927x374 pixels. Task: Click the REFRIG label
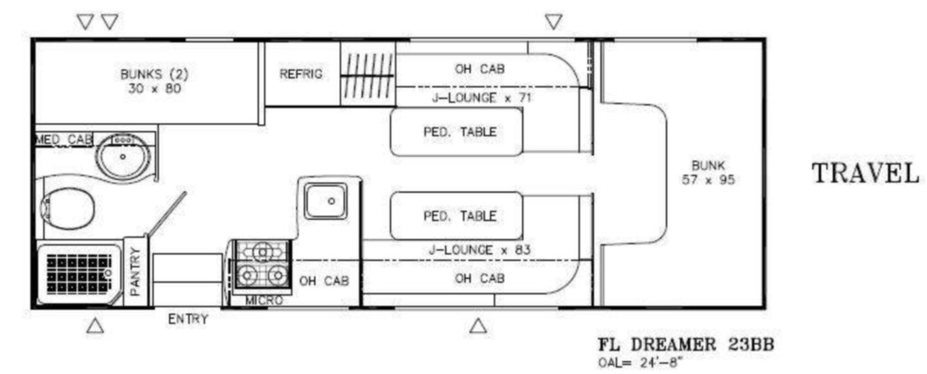pyautogui.click(x=301, y=74)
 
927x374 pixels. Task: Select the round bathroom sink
pyautogui.click(x=123, y=157)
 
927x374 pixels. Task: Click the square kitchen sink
pyautogui.click(x=326, y=201)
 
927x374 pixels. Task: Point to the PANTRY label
pyautogui.click(x=136, y=272)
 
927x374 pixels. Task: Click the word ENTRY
pyautogui.click(x=188, y=320)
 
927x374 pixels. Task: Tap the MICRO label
pyautogui.click(x=263, y=301)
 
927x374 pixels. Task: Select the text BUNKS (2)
pyautogui.click(x=154, y=75)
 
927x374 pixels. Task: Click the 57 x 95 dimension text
pyautogui.click(x=708, y=180)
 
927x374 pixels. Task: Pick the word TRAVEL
pyautogui.click(x=865, y=174)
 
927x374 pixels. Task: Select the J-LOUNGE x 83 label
pyautogui.click(x=480, y=250)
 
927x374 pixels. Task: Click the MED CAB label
pyautogui.click(x=64, y=139)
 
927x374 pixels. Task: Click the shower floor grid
pyautogui.click(x=79, y=273)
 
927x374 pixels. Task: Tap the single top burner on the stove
pyautogui.click(x=261, y=252)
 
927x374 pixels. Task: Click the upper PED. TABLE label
pyautogui.click(x=460, y=132)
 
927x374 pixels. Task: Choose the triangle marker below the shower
pyautogui.click(x=95, y=325)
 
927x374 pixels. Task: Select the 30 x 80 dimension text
pyautogui.click(x=154, y=90)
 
